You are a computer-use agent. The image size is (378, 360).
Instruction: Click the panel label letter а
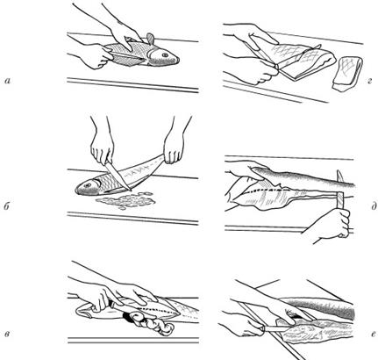pos(8,81)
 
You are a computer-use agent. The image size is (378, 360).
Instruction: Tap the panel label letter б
pos(7,206)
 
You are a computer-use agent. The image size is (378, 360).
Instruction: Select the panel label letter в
pos(8,334)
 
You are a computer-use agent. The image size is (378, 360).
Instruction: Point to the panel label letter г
pos(369,81)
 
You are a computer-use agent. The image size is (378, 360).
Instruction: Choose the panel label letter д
pos(374,206)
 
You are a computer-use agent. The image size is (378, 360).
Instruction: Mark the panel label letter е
pos(374,334)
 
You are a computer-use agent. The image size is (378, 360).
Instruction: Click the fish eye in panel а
pos(165,54)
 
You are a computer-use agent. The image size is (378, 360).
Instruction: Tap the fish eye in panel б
pos(88,185)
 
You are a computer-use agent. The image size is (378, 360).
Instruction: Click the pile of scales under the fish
pos(125,201)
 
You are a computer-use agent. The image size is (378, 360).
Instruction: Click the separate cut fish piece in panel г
pos(347,74)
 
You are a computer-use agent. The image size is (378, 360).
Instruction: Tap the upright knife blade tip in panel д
pos(339,171)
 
